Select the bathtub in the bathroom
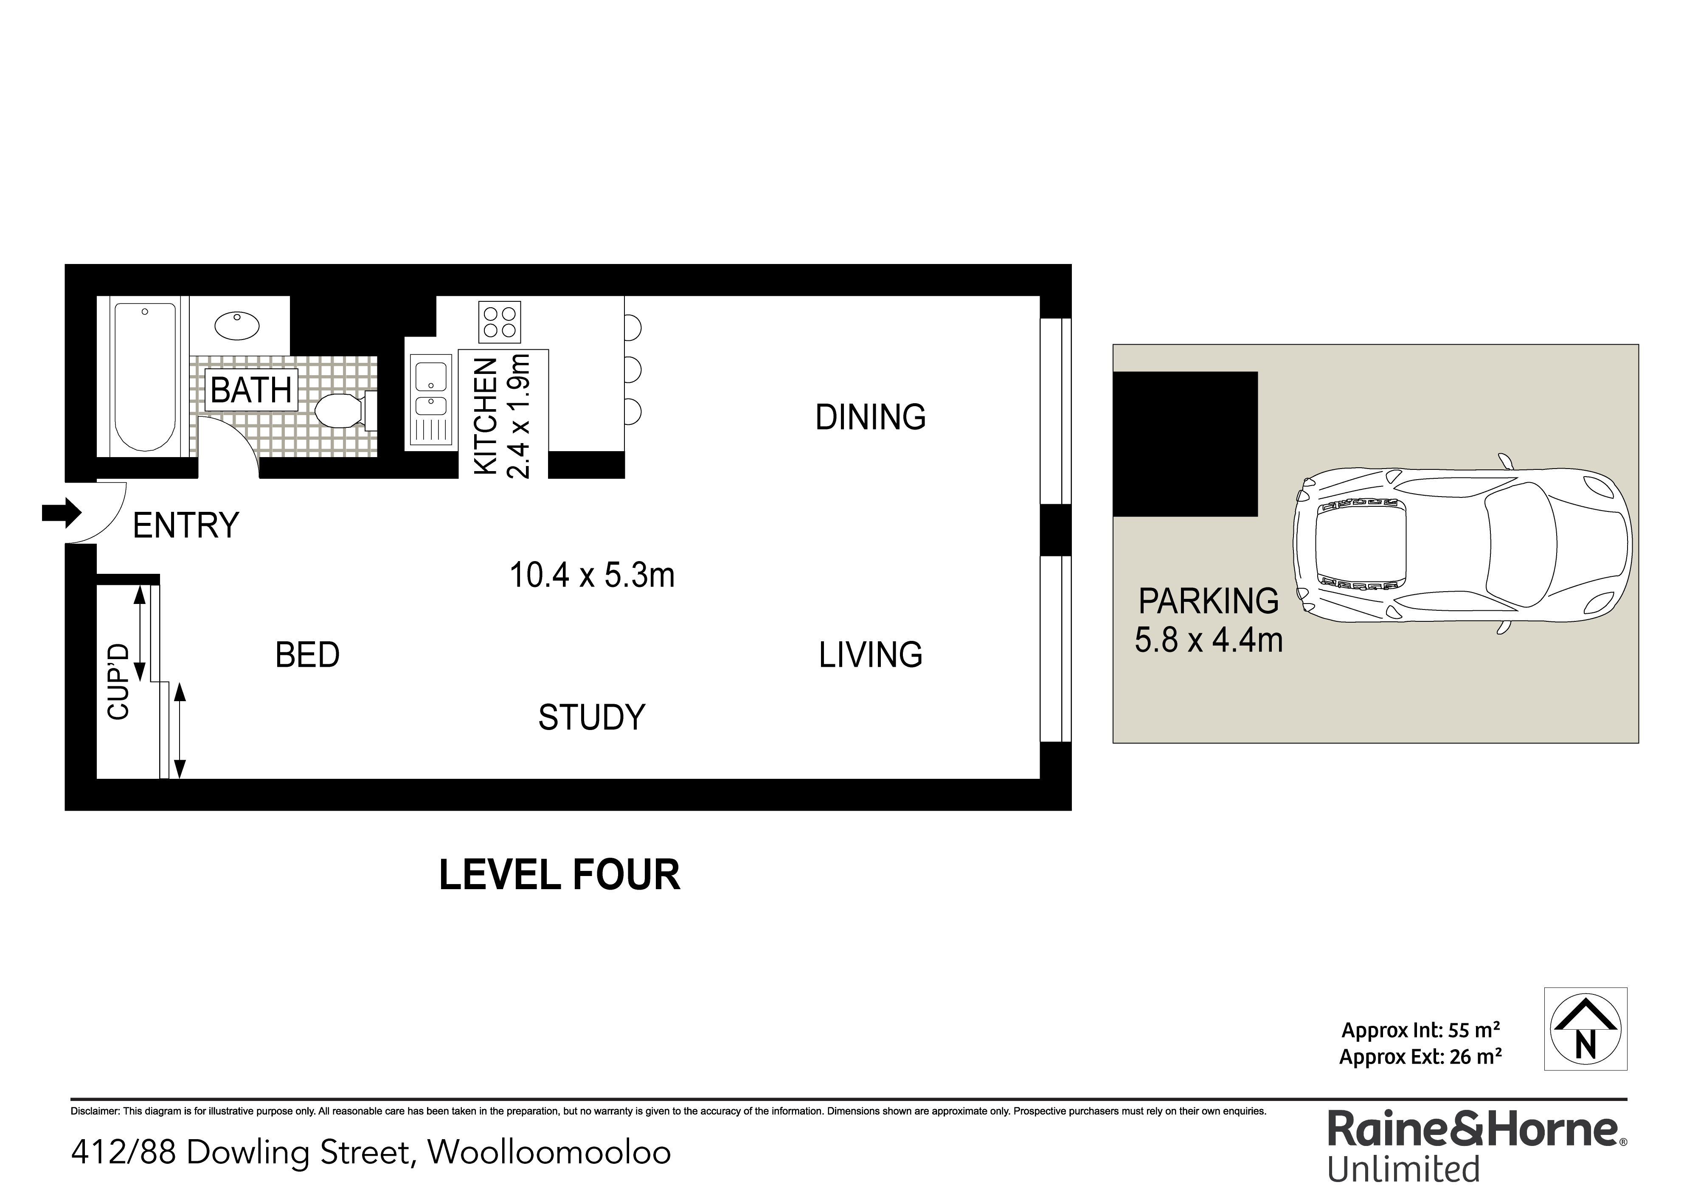145,377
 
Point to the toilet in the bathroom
346,411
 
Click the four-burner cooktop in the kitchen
499,322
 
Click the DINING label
871,418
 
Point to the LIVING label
871,655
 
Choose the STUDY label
592,717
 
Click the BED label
308,655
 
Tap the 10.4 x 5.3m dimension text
592,575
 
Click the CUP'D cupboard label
118,682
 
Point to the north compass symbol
1585,1028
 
